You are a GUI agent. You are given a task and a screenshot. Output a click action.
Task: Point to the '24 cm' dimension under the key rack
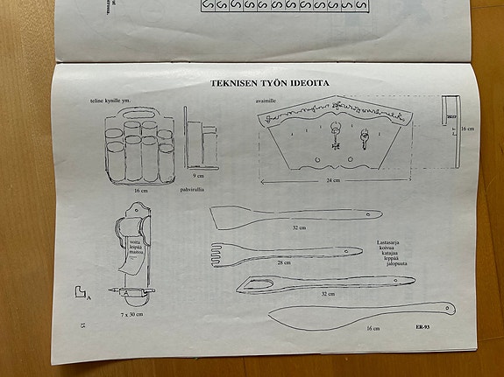331,181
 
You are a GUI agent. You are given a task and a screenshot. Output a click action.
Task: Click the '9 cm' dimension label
200,175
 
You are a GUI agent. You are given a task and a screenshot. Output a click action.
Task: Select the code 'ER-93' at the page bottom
427,327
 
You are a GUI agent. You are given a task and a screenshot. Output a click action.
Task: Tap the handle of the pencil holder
139,115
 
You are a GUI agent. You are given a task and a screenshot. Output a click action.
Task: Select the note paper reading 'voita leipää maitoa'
136,248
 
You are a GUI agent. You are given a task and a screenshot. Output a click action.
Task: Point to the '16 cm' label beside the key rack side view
466,129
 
